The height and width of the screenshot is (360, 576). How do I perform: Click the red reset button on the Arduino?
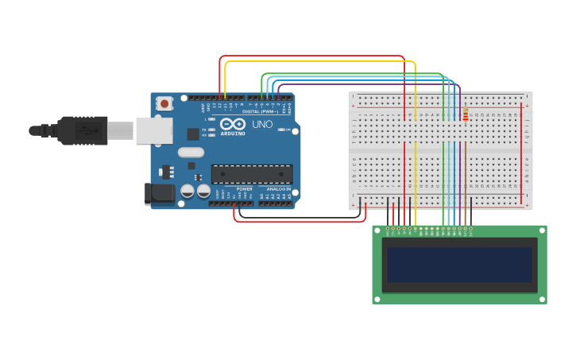[x=164, y=103]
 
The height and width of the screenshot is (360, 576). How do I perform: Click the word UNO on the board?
[x=262, y=125]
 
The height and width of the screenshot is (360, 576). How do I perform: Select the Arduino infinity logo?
[x=233, y=125]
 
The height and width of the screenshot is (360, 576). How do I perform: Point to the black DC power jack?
[x=160, y=193]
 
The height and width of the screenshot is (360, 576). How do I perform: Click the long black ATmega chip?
[x=251, y=174]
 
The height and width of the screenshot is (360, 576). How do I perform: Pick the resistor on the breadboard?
[x=466, y=116]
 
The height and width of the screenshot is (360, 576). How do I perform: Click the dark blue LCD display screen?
[x=459, y=265]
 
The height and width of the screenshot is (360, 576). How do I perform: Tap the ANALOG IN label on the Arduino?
[x=277, y=189]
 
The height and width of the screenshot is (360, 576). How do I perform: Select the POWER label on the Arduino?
[x=244, y=189]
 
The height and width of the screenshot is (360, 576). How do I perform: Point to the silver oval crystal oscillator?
[x=191, y=152]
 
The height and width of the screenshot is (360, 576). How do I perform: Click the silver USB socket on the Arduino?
[x=153, y=130]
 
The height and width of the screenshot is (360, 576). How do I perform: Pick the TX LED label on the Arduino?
[x=204, y=130]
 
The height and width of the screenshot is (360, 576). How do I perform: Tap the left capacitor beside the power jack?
[x=187, y=192]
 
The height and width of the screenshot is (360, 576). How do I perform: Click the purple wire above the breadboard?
[x=365, y=83]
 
